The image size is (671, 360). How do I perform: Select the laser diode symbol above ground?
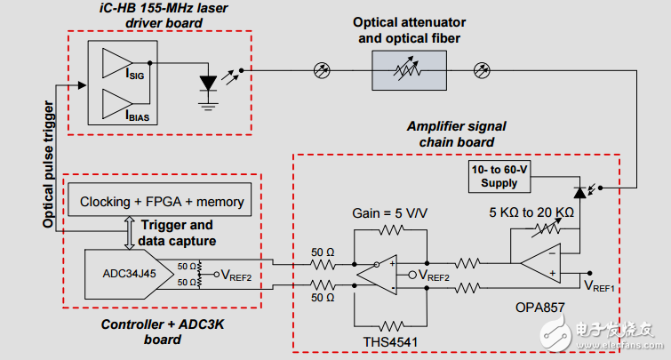[209, 83]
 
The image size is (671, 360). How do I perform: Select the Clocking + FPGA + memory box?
[162, 202]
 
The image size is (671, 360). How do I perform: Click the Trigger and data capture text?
[177, 233]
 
